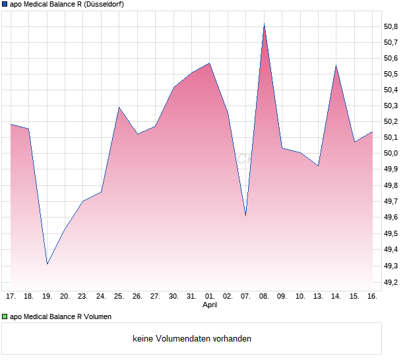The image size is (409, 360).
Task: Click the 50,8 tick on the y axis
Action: tap(391, 26)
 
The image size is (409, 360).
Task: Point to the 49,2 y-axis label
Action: tap(391, 282)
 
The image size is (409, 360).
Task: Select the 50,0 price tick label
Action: tap(391, 154)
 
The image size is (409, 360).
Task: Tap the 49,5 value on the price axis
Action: tap(391, 233)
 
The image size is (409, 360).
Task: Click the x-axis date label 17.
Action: tap(11, 296)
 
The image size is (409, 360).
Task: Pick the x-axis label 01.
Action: tap(209, 296)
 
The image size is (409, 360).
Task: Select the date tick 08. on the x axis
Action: tap(264, 296)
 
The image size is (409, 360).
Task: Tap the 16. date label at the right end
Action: tap(372, 296)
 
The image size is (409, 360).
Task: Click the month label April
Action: tap(209, 305)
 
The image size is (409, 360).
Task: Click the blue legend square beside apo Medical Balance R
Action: tap(5, 5)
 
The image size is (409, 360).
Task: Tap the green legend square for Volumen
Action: tap(5, 317)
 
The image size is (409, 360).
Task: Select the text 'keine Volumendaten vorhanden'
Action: tap(192, 339)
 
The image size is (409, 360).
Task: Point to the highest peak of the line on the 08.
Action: tap(264, 24)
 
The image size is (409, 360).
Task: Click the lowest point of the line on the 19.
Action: tap(47, 264)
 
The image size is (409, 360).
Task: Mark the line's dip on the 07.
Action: tap(245, 216)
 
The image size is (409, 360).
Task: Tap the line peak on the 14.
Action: tap(336, 65)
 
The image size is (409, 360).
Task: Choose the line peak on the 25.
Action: tap(119, 107)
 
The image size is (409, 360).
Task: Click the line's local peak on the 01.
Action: tap(209, 63)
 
